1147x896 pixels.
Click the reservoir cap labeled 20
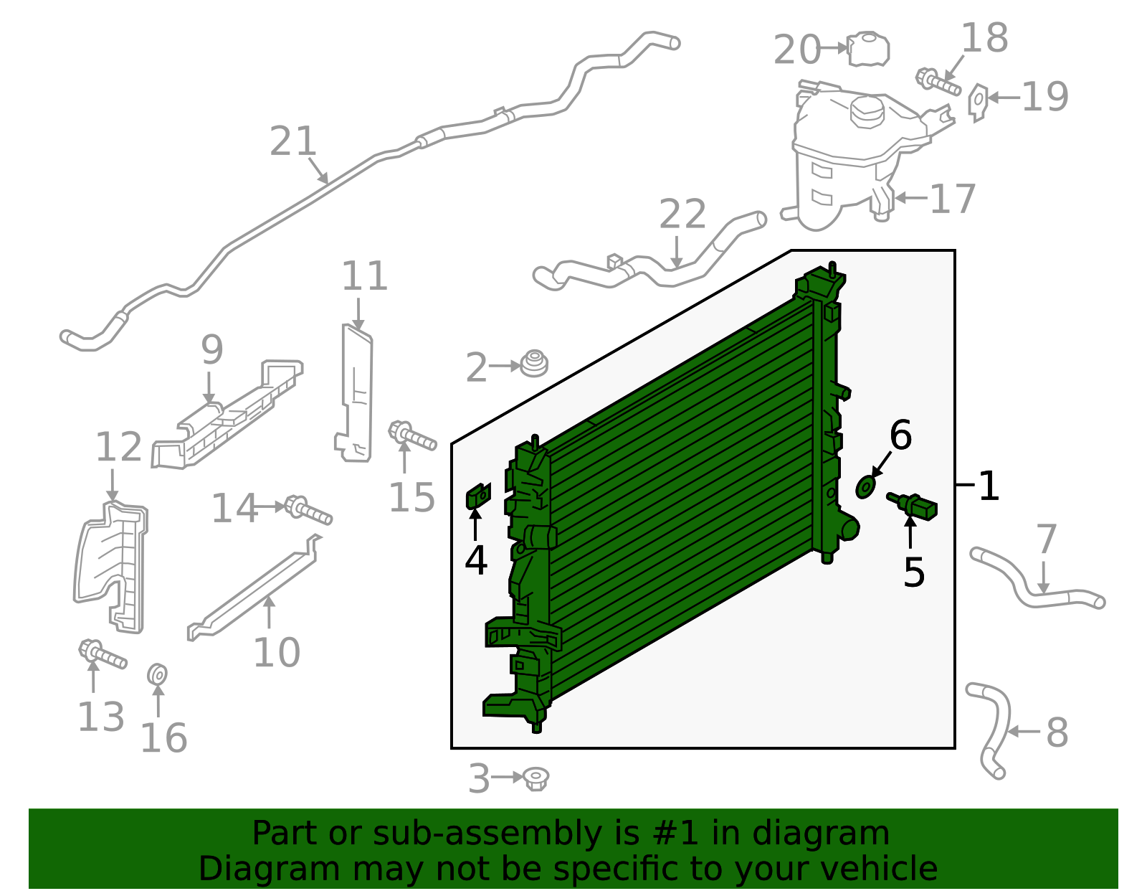click(x=869, y=49)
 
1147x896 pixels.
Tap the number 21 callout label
click(x=293, y=141)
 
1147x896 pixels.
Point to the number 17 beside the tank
click(x=953, y=199)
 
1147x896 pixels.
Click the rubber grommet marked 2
click(x=533, y=364)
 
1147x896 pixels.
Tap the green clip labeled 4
click(x=478, y=496)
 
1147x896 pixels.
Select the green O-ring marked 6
click(x=866, y=487)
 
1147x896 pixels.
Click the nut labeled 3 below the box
click(x=536, y=778)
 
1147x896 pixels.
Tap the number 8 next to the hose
click(x=1057, y=732)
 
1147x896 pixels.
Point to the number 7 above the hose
click(x=1046, y=539)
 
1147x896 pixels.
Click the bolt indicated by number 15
click(x=411, y=436)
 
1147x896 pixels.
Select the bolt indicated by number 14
click(x=308, y=510)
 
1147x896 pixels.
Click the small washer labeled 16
click(x=158, y=675)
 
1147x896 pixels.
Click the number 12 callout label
click(x=118, y=447)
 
